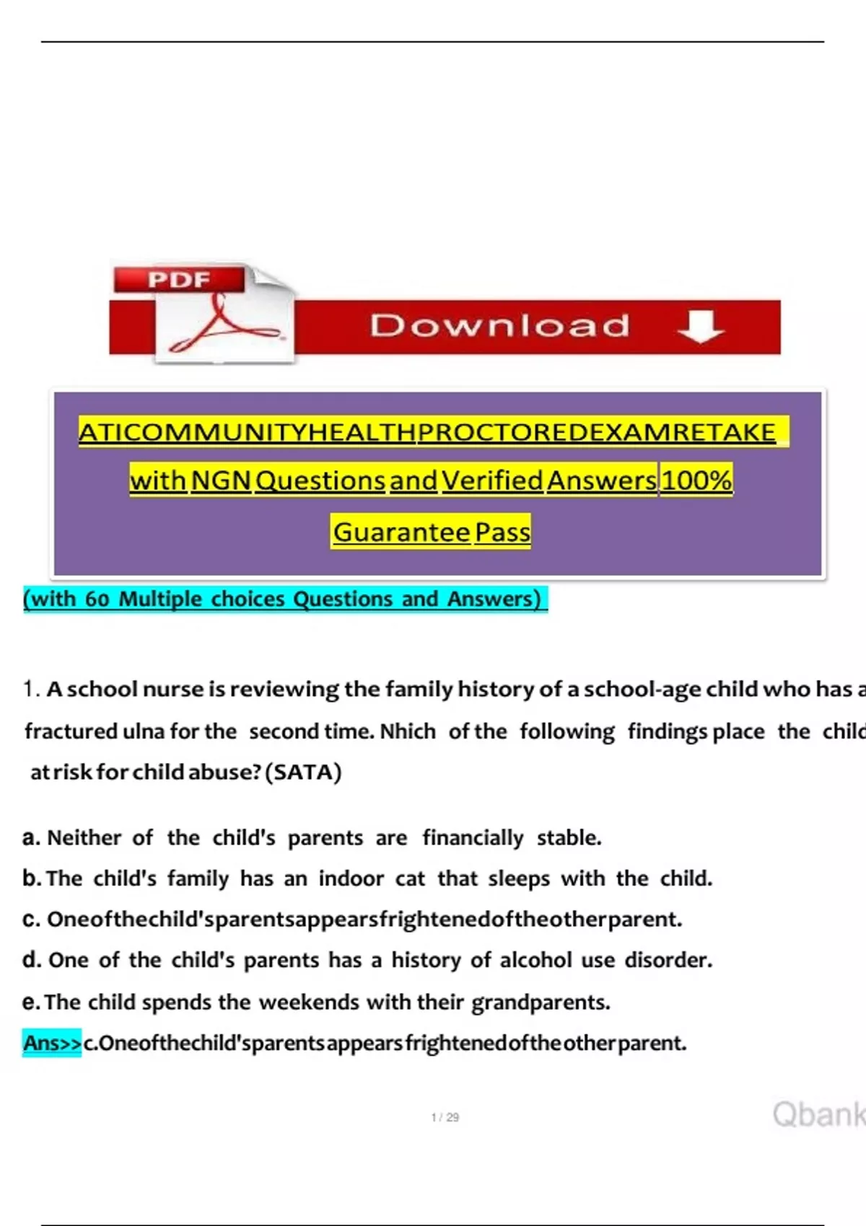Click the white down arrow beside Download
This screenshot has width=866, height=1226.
point(701,326)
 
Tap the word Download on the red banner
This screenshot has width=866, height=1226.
point(500,326)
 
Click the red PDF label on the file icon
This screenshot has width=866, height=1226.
point(179,279)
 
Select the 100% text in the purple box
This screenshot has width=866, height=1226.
point(696,480)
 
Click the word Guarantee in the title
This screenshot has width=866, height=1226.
point(401,532)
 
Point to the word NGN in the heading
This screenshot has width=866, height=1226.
point(221,480)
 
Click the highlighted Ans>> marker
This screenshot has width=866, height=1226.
point(52,1043)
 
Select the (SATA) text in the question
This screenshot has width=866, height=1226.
point(303,772)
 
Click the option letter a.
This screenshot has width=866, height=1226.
point(30,838)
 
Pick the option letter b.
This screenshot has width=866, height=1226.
point(31,878)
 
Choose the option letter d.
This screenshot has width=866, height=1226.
point(31,961)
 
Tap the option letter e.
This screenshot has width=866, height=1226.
point(30,1002)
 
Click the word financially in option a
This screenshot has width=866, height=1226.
point(473,838)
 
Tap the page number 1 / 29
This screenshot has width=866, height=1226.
point(445,1117)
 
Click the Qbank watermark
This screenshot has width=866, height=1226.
point(818,1114)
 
